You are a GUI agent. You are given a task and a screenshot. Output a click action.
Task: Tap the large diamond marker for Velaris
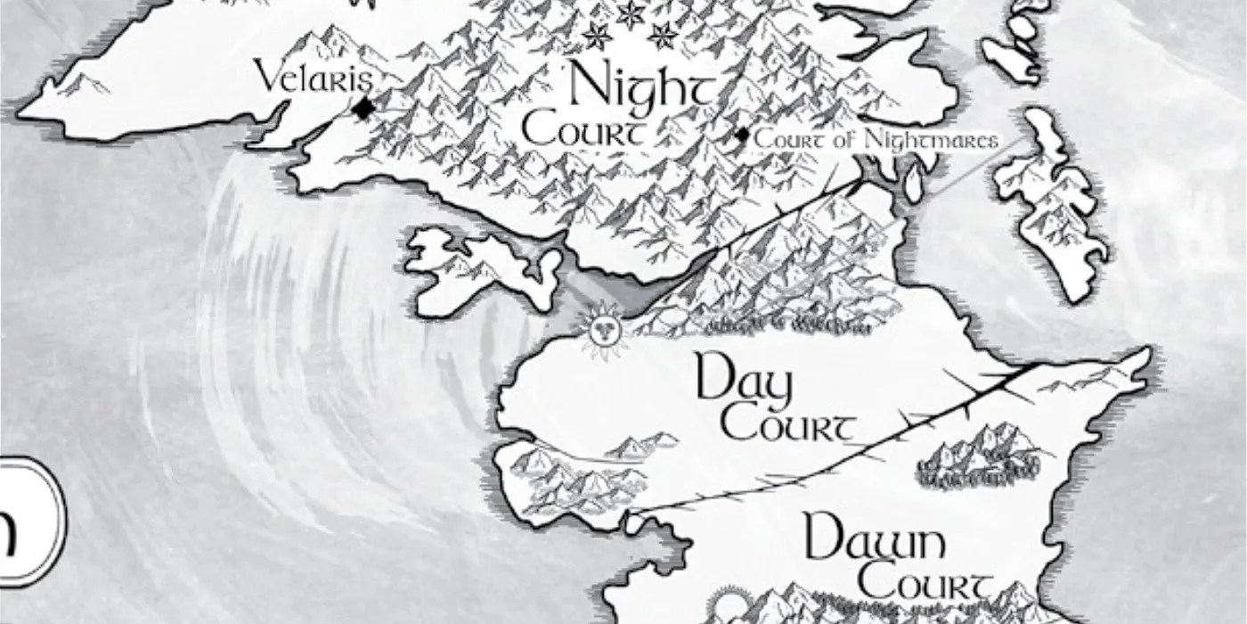point(363,109)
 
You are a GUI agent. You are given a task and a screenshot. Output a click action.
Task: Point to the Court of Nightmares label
point(876,140)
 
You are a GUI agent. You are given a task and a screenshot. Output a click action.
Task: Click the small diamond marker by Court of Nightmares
point(741,135)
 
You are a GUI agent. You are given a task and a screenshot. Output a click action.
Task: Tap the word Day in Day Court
point(745,380)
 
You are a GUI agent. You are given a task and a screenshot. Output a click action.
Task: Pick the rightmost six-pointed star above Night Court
point(663,36)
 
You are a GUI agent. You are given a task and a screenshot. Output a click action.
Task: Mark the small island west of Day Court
point(481,267)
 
